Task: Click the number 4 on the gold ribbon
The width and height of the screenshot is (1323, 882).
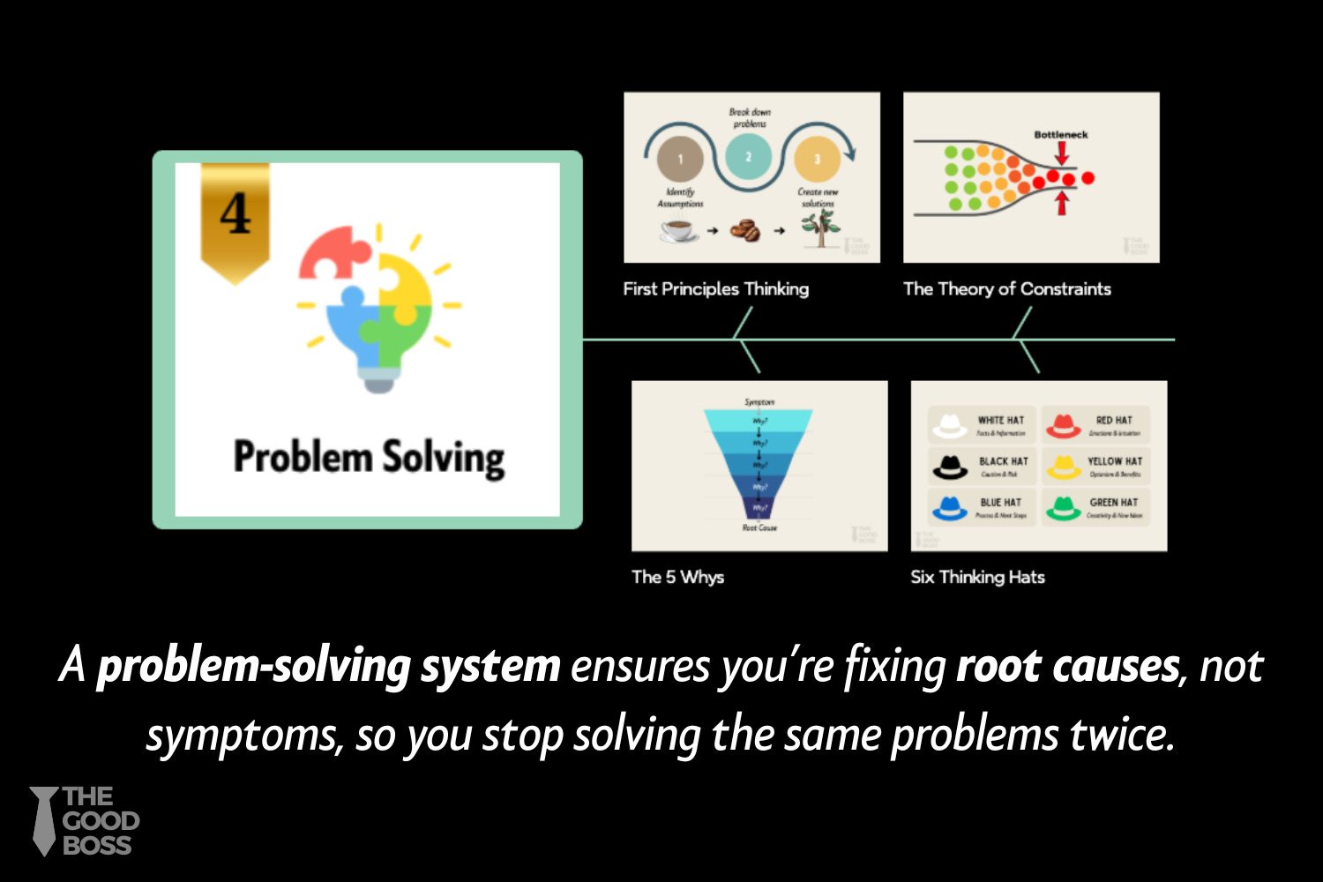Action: [x=235, y=214]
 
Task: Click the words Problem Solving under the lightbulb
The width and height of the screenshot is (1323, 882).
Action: [x=369, y=458]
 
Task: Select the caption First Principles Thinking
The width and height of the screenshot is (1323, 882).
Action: [x=715, y=289]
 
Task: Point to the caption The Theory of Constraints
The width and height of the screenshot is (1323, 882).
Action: [x=1006, y=289]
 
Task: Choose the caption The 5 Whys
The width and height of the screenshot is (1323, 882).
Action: [x=677, y=577]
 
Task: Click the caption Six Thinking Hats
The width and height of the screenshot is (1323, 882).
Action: [x=977, y=577]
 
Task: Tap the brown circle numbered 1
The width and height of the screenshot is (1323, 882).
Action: [x=680, y=160]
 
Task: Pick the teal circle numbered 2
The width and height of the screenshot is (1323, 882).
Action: [x=749, y=157]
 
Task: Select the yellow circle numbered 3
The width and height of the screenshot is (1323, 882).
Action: [x=817, y=160]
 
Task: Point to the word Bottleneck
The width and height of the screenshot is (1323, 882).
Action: [x=1061, y=135]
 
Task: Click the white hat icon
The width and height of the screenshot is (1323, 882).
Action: [x=950, y=426]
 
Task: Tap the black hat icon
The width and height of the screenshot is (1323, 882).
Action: [x=950, y=467]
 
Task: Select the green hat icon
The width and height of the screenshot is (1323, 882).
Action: [x=1064, y=508]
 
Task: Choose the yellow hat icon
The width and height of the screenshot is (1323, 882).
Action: [x=1064, y=467]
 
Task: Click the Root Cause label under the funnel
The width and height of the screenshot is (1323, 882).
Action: [x=759, y=527]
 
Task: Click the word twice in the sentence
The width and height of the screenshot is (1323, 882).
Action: [x=1122, y=735]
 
